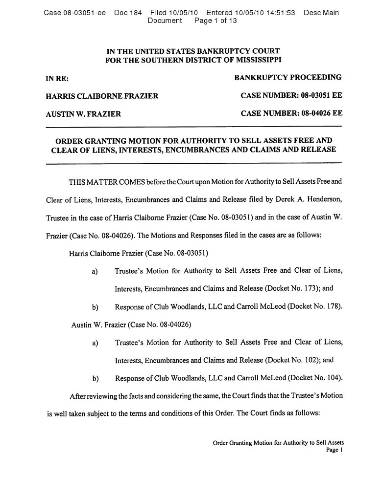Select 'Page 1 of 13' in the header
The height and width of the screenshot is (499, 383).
click(216, 21)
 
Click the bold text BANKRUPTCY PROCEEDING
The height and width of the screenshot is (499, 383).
click(288, 77)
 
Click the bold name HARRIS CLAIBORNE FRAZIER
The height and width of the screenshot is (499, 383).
click(102, 96)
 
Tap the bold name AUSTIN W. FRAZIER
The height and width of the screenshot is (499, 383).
click(83, 114)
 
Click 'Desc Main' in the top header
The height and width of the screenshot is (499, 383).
click(321, 13)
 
